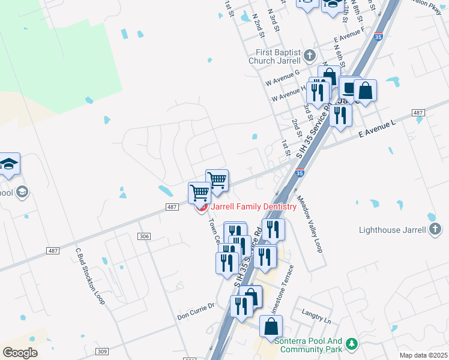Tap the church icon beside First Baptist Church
pos(309,56)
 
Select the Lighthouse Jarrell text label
pos(393,230)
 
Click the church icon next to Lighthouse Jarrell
pos(435,229)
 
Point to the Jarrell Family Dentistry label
pos(253,207)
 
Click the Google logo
pos(20,353)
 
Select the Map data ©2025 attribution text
pos(423,355)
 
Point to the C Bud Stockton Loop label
pos(90,276)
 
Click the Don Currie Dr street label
pos(196,310)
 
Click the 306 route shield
pos(144,237)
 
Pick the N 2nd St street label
pos(259,25)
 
